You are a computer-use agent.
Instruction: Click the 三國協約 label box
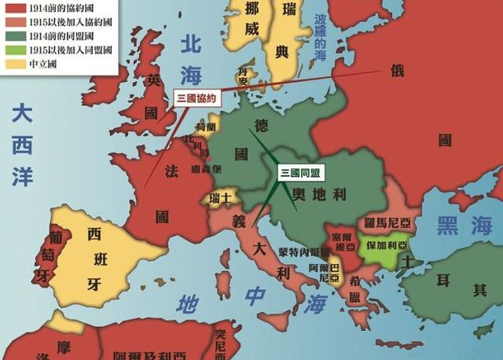pyautogui.click(x=195, y=98)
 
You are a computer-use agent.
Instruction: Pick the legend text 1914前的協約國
pyautogui.click(x=46, y=7)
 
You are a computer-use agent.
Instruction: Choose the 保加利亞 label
pyautogui.click(x=387, y=244)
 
